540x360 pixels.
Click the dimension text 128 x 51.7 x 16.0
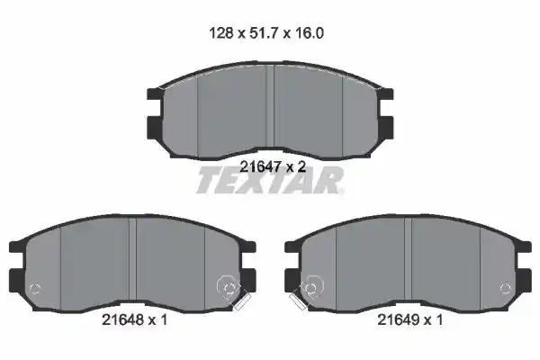click(266, 33)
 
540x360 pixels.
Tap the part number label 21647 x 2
click(273, 167)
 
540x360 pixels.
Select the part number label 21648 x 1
click(135, 320)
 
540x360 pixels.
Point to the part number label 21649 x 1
click(410, 320)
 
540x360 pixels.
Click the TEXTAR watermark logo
click(270, 180)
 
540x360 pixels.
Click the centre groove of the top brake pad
click(270, 110)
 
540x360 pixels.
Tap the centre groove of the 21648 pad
click(132, 264)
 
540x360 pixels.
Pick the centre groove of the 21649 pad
click(408, 264)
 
